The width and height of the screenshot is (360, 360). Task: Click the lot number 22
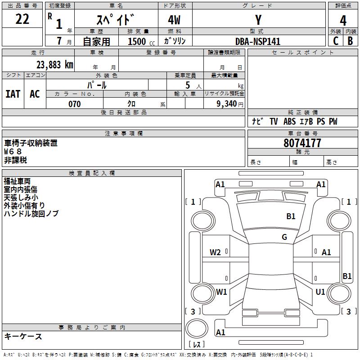22,19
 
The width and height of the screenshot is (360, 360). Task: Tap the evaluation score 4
343,21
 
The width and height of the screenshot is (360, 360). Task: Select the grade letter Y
258,20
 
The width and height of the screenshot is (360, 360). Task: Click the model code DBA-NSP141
258,41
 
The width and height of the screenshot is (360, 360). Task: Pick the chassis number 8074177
302,143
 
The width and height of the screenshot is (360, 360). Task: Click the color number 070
74,104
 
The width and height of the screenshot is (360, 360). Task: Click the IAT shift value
13,94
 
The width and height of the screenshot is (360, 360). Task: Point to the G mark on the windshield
284,237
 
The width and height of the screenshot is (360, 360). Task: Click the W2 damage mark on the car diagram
216,252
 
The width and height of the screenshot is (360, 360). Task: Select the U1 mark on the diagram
320,292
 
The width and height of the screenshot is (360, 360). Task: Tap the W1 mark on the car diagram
221,292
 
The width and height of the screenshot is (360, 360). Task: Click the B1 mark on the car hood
291,216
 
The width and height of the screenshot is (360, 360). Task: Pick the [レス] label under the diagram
197,345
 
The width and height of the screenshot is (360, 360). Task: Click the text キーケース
23,336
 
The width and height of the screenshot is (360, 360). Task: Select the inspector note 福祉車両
17,181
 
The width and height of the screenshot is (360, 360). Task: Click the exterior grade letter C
335,41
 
